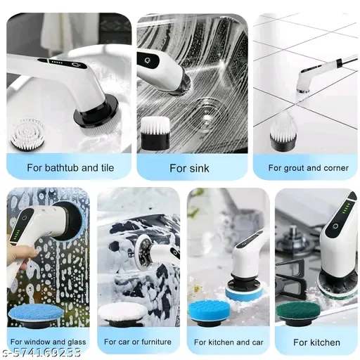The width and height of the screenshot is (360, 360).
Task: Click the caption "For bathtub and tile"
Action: point(70,168)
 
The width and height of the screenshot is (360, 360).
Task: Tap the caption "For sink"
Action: point(189,168)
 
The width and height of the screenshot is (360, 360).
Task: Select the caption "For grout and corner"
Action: point(309,168)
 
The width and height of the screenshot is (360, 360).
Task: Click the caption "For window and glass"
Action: point(48,342)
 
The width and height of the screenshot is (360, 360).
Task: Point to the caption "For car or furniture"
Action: point(138,342)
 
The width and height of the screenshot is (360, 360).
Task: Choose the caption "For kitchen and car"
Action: point(229,342)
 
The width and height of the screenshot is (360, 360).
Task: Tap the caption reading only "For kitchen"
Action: point(316,342)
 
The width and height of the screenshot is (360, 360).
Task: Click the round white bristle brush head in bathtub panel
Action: point(28,134)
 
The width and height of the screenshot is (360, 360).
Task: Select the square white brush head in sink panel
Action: point(155,133)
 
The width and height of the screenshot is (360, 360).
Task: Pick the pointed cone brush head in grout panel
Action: point(283,131)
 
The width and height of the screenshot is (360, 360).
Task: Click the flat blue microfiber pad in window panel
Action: point(36,315)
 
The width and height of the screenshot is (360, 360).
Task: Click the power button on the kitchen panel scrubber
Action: point(335,226)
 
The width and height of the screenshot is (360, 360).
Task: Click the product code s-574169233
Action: point(41,353)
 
